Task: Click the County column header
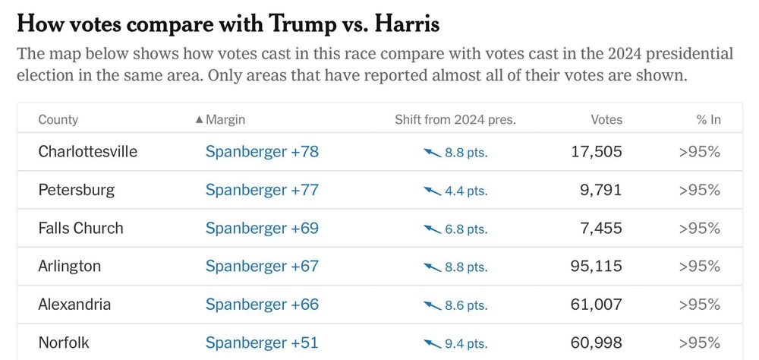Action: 58,120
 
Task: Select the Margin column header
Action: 225,120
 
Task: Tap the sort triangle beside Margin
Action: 200,120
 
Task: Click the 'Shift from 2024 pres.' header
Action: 455,120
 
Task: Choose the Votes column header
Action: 606,120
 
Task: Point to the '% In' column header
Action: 708,120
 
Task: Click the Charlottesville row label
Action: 88,152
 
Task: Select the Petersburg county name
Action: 77,190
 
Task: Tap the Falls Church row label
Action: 80,228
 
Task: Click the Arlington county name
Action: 70,267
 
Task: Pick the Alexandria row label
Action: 74,305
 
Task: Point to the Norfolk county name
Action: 64,343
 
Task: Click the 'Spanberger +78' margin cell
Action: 262,152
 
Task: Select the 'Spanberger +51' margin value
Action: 262,343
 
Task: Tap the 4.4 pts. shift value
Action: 466,191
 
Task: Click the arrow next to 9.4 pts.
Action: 432,343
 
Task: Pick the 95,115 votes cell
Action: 596,267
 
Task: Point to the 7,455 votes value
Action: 600,228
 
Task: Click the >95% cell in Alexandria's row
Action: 699,305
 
